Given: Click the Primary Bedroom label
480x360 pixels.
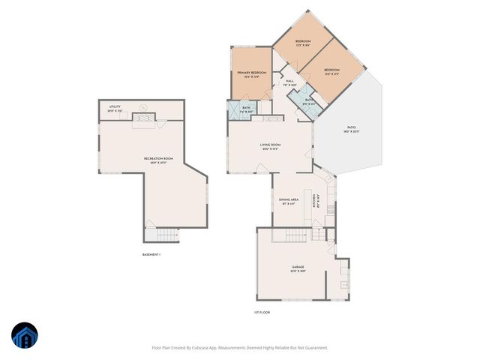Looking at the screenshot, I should (252, 73).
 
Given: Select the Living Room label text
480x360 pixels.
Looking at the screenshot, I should (270, 145).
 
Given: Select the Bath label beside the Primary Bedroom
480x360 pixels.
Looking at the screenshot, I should (246, 109).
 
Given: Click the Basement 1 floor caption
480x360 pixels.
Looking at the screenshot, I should (152, 255).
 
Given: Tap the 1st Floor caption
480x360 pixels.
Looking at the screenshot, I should (261, 312).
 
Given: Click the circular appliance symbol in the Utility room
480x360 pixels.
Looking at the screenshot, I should (143, 107).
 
